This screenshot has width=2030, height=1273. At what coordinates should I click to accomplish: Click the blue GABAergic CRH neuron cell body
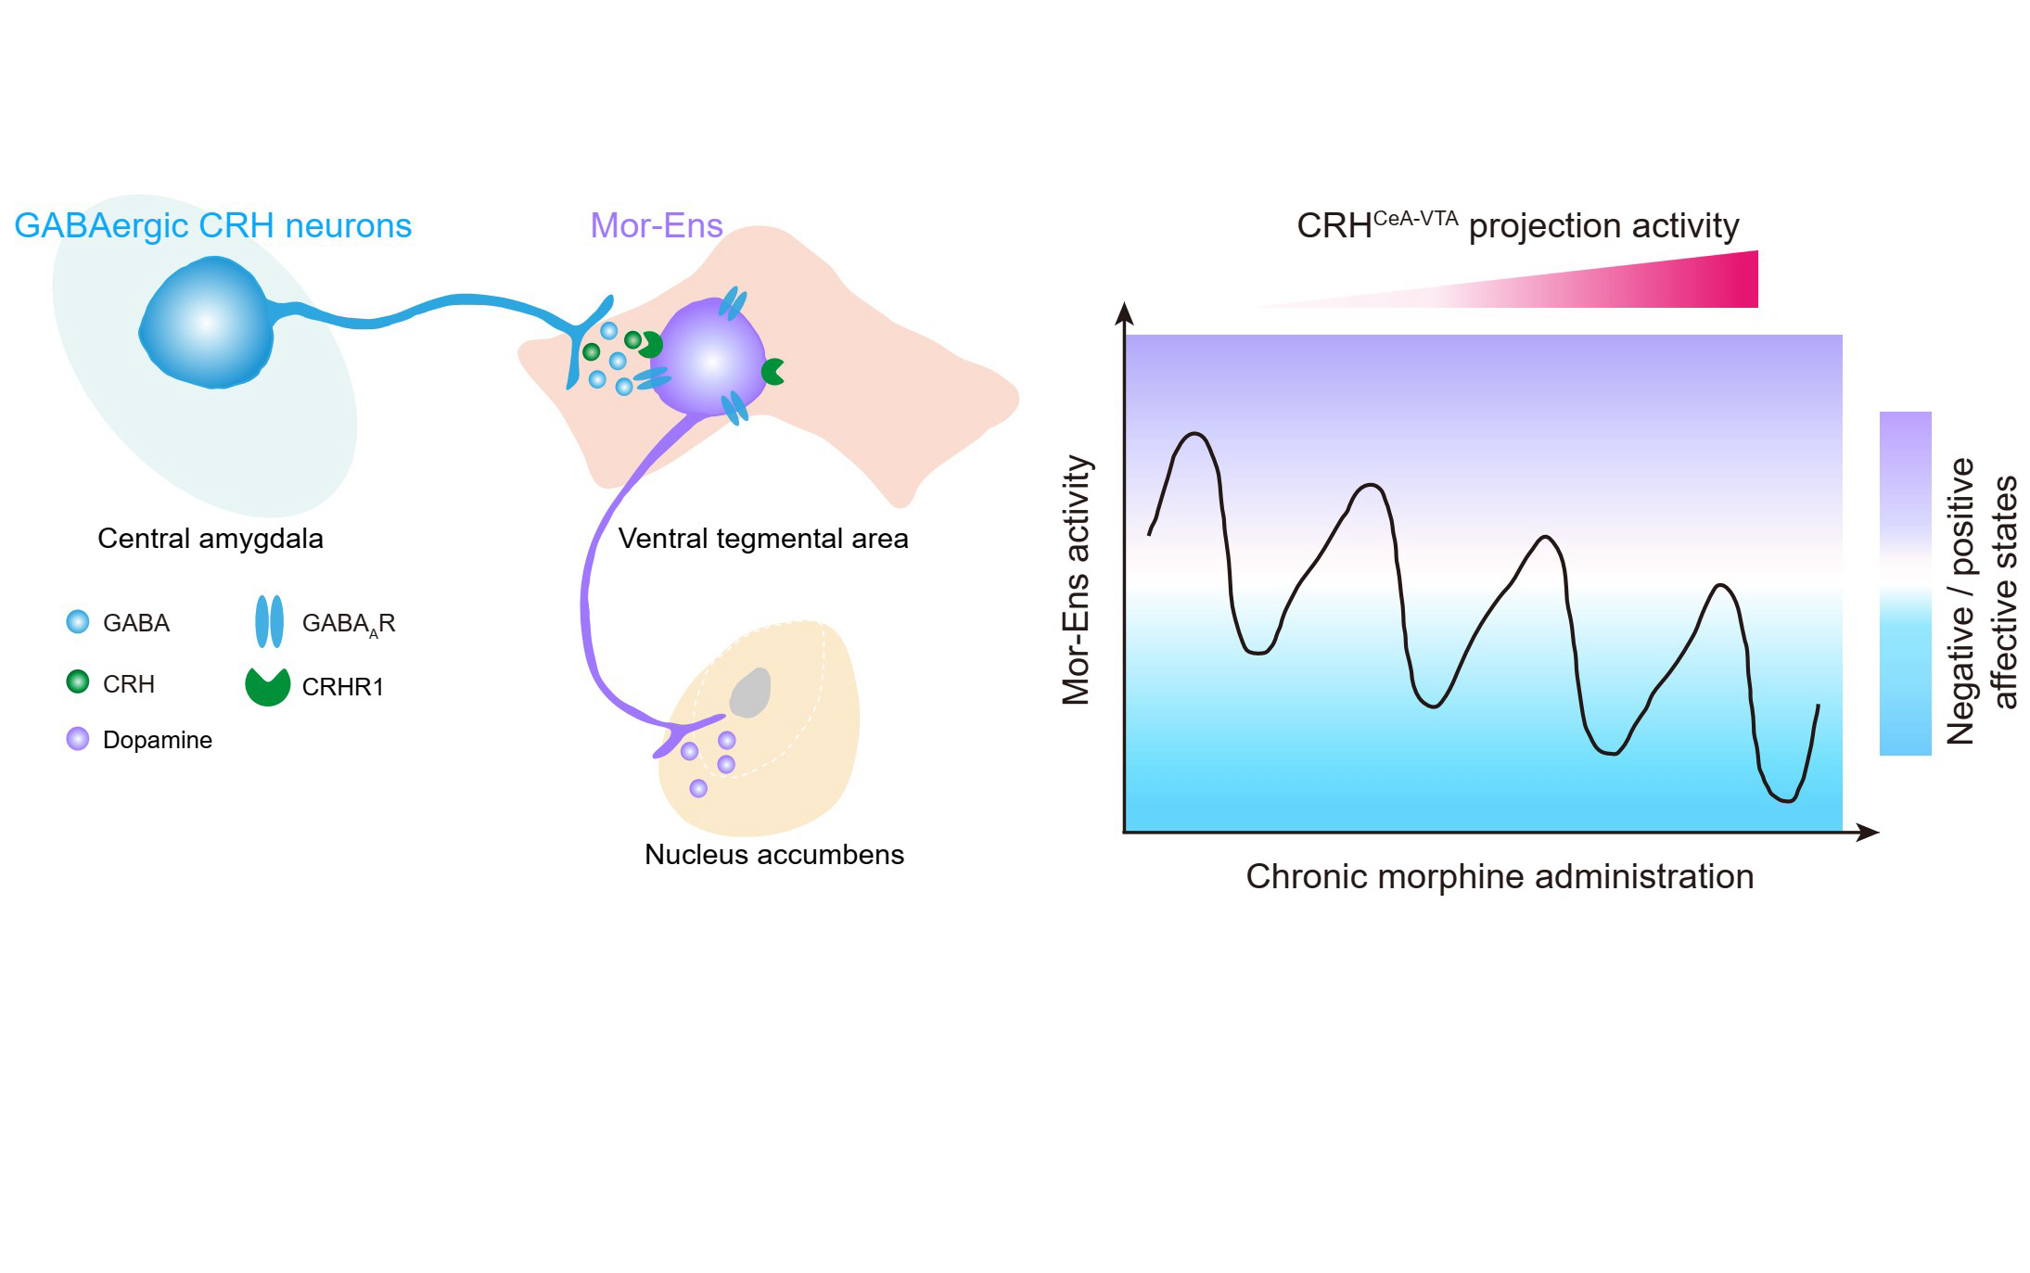point(206,324)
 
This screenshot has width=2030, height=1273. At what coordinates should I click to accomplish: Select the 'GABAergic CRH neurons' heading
point(212,225)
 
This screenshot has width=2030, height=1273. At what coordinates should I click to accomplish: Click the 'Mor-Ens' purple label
point(656,225)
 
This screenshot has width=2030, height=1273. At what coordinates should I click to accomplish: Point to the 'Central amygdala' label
point(211,538)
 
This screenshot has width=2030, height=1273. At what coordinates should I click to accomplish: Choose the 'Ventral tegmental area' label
point(762,538)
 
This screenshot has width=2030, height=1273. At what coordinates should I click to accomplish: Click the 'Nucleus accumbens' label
point(773,854)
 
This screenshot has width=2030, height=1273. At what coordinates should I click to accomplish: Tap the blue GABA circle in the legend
point(78,621)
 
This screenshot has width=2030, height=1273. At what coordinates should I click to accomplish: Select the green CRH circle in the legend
point(78,682)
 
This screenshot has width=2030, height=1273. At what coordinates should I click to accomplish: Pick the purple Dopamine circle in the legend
point(78,739)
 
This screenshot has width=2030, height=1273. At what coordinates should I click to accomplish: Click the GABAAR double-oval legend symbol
point(269,621)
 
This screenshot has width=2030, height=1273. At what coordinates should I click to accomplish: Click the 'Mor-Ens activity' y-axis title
point(1076,579)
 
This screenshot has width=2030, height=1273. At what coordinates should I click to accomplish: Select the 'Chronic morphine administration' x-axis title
point(1500,876)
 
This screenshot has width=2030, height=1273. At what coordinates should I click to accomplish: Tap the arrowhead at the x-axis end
point(1869,833)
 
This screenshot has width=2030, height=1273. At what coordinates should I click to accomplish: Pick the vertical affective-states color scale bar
point(1905,583)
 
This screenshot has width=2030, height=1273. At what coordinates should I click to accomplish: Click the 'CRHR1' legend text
point(342,687)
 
